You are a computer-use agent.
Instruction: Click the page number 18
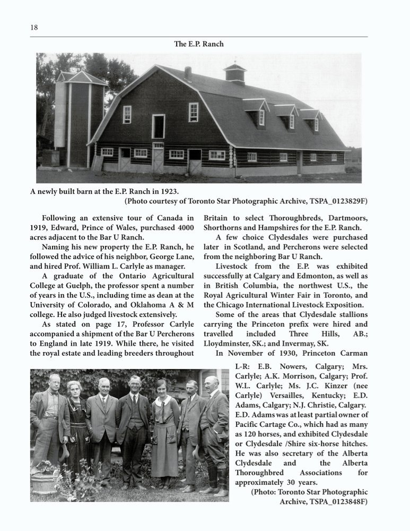click(x=34, y=28)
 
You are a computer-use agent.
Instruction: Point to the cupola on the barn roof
click(x=234, y=73)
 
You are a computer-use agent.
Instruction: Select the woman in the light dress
click(x=165, y=425)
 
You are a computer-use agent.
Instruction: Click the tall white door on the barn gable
click(x=158, y=126)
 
